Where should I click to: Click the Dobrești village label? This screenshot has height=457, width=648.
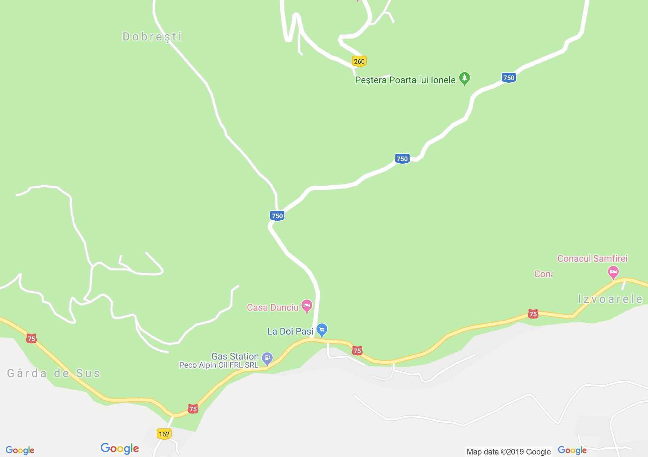[x=152, y=37]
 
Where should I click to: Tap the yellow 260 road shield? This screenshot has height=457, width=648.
[x=359, y=61]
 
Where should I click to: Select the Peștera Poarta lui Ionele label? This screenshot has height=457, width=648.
[x=405, y=80]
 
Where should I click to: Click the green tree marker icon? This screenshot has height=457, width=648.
[x=464, y=78]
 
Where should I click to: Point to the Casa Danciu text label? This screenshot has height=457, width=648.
[x=272, y=307]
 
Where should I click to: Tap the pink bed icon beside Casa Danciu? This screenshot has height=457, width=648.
[x=307, y=306]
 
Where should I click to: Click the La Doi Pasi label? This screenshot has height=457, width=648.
[x=290, y=331]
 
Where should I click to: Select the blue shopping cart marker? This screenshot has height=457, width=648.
[x=322, y=330]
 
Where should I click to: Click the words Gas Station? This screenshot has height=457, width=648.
[x=235, y=356]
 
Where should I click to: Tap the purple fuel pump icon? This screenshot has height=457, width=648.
[x=267, y=358]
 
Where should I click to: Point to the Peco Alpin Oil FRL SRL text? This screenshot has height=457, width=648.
[x=218, y=365]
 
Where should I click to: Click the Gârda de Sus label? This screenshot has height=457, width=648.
[x=54, y=373]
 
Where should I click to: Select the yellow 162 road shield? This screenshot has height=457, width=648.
[x=164, y=434]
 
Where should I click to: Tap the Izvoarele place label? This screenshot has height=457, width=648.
[x=610, y=299]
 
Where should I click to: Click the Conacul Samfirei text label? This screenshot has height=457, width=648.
[x=592, y=258]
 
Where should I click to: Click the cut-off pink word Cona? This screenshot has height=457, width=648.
[x=543, y=274]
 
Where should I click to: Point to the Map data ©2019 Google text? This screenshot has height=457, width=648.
[x=508, y=452]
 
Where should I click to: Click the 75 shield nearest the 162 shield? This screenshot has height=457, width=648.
[x=193, y=409]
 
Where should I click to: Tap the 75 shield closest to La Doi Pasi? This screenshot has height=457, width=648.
[x=357, y=351]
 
